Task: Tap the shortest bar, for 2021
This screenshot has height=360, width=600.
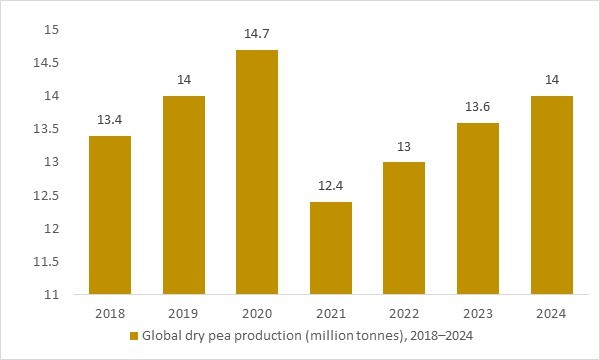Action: (330, 248)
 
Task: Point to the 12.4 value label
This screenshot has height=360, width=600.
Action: (330, 187)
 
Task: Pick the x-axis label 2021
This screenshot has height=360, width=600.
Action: (330, 313)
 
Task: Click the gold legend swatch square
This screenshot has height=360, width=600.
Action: (133, 336)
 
